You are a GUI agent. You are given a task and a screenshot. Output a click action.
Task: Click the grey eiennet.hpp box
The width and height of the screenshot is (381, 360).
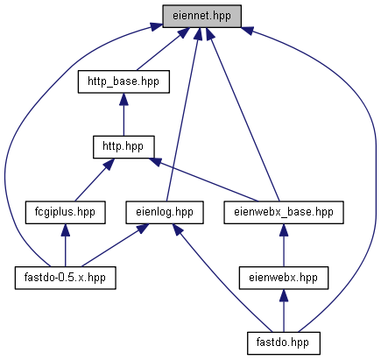click(x=201, y=16)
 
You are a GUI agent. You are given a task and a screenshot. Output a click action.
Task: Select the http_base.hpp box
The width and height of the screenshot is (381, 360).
click(x=123, y=81)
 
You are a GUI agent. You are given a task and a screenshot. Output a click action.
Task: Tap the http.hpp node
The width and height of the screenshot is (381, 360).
click(x=123, y=147)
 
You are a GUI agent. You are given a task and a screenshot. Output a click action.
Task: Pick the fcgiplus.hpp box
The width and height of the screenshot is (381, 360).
click(x=65, y=213)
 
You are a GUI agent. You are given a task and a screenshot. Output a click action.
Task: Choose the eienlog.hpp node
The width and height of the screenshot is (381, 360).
click(x=165, y=213)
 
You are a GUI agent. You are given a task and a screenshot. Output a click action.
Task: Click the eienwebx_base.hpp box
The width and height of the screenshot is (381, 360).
click(x=284, y=213)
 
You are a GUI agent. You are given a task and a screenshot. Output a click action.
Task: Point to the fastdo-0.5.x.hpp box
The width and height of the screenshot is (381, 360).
click(x=65, y=278)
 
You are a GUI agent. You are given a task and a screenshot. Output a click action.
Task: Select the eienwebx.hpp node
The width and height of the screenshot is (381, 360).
click(x=284, y=278)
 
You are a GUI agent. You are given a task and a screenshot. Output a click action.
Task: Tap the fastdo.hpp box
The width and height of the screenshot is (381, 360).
click(x=284, y=343)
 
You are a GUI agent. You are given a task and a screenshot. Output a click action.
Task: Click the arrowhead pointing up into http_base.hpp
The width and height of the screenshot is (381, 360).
click(x=123, y=100)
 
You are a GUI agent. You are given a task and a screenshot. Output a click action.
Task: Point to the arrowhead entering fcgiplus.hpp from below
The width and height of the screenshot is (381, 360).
click(x=65, y=230)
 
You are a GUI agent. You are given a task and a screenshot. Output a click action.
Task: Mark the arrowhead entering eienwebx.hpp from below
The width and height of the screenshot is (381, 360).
click(x=284, y=296)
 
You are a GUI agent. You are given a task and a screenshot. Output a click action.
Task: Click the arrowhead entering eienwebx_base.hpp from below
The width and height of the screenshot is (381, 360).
click(x=284, y=230)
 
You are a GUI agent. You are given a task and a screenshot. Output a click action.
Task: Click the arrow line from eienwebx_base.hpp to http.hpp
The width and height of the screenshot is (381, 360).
click(x=203, y=180)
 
